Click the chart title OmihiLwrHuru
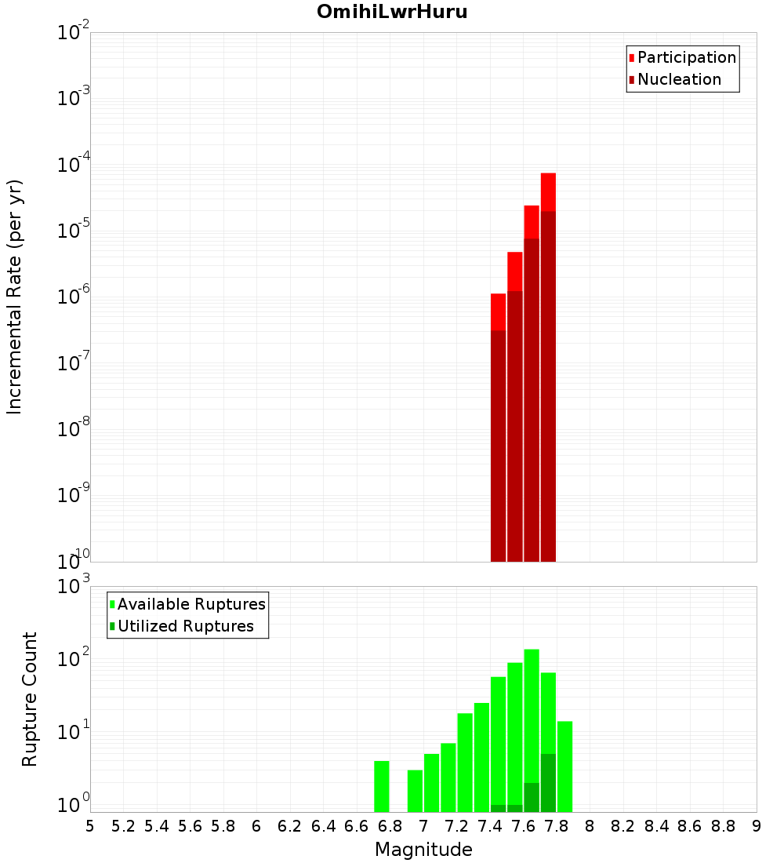[392, 12]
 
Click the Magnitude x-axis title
[423, 850]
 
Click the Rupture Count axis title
[30, 699]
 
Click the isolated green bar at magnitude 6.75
[382, 786]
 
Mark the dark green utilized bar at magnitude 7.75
[548, 783]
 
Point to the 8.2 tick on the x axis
[623, 826]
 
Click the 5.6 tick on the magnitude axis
[190, 826]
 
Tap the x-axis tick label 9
[757, 826]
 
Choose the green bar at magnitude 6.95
[415, 791]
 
